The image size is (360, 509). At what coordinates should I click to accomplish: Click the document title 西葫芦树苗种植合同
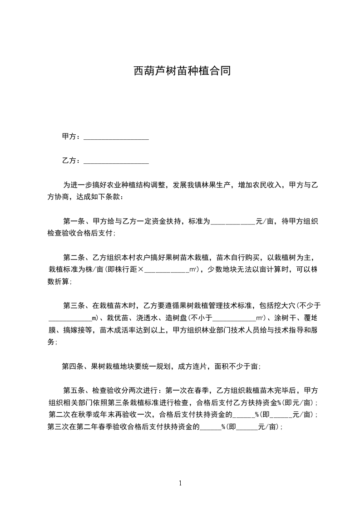pyautogui.click(x=182, y=71)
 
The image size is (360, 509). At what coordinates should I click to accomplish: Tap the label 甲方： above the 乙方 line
pyautogui.click(x=72, y=137)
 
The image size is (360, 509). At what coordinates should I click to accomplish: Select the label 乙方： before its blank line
pyautogui.click(x=72, y=161)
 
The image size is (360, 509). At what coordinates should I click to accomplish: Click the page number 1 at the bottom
pyautogui.click(x=180, y=483)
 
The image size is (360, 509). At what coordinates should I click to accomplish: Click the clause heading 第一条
pyautogui.click(x=74, y=222)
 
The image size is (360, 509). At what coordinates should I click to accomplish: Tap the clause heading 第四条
pyautogui.click(x=73, y=367)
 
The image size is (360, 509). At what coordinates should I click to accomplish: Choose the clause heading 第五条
pyautogui.click(x=74, y=391)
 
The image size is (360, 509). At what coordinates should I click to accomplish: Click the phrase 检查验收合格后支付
pyautogui.click(x=81, y=234)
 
